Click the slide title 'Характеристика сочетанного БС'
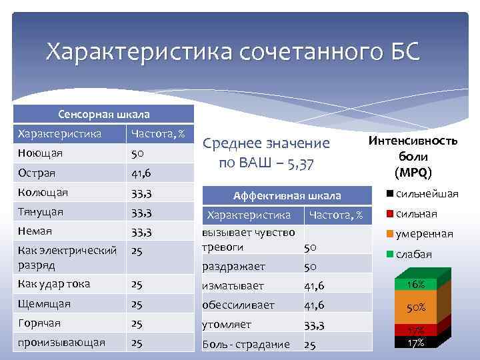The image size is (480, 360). click(x=233, y=52)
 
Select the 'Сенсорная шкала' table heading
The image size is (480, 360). click(x=103, y=114)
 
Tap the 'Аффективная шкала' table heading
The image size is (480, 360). click(x=287, y=195)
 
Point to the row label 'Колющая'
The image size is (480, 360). click(x=41, y=193)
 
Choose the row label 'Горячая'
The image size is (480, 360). click(x=40, y=323)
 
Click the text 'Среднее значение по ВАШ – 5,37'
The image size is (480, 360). click(x=266, y=153)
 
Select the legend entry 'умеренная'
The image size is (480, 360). click(x=424, y=234)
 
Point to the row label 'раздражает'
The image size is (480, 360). click(x=233, y=266)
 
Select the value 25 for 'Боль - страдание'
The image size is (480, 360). click(x=311, y=345)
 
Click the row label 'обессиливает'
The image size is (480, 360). click(x=238, y=305)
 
